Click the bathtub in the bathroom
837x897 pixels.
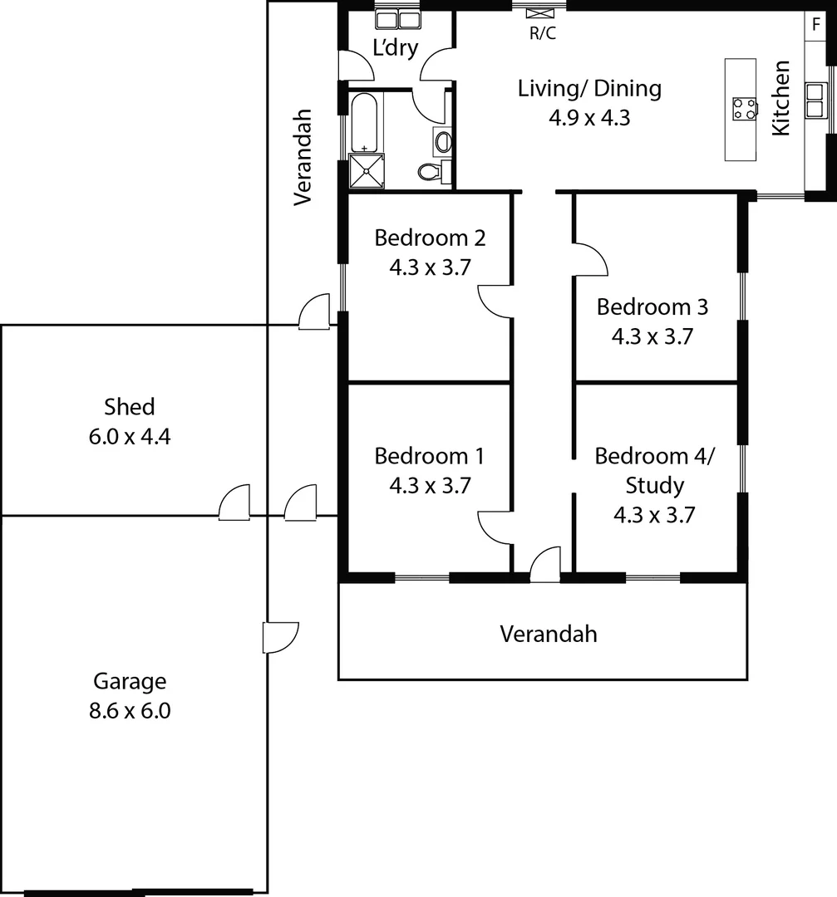(364, 121)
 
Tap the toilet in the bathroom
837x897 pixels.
(429, 172)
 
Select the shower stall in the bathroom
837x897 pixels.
(365, 170)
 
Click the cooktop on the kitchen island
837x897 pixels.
(744, 109)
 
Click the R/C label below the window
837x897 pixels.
(544, 34)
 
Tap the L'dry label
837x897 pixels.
(395, 47)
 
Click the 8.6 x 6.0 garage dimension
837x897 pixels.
(130, 711)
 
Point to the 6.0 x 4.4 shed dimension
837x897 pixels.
(129, 436)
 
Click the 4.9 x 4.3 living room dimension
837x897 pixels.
(588, 118)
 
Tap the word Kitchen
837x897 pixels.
(780, 97)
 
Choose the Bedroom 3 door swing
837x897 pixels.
(592, 258)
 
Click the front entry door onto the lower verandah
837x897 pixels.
(544, 565)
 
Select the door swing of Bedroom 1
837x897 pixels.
(495, 527)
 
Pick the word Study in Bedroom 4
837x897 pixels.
(654, 485)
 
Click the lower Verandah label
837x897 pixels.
(548, 635)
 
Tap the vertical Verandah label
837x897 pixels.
(303, 156)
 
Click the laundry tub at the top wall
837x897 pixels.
(396, 19)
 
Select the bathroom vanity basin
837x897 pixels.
(442, 141)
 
